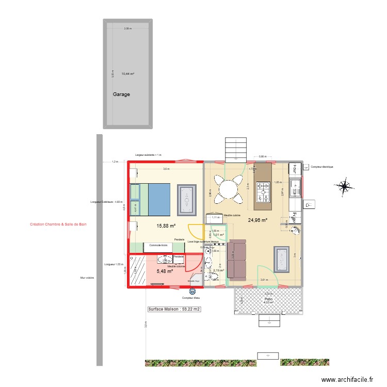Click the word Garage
tap(121, 95)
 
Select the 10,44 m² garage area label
tap(127, 74)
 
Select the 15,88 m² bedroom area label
tap(166, 225)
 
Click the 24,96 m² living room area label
tap(257, 220)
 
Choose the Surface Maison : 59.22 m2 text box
tap(174, 310)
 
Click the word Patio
tap(268, 298)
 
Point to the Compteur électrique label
tap(322, 167)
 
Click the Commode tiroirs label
tap(158, 245)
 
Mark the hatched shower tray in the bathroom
tap(138, 271)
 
